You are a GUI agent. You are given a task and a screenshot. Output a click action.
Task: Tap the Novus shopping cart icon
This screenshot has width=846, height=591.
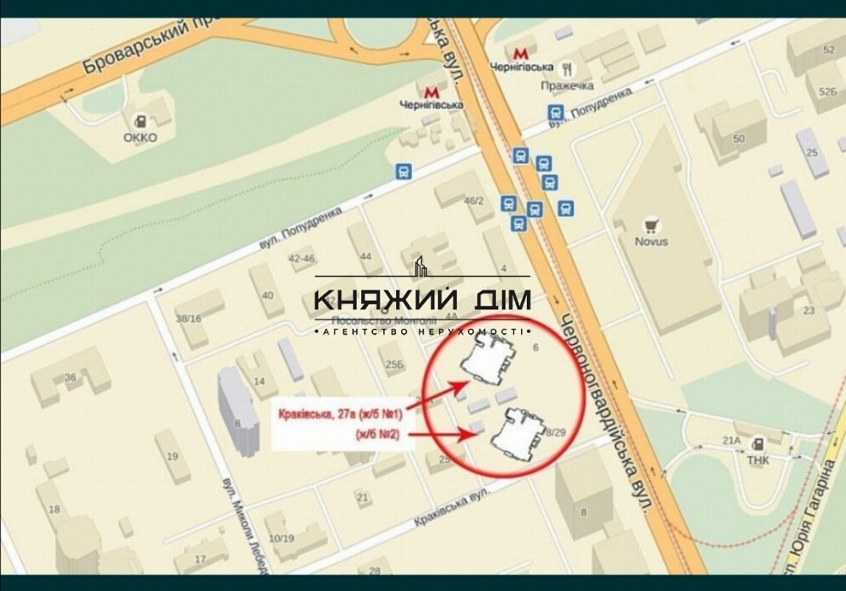tap(651, 225)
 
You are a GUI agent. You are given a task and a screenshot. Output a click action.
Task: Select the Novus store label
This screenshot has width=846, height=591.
tap(651, 242)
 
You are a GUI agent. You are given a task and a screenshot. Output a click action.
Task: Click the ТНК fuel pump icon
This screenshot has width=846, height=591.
tap(759, 441)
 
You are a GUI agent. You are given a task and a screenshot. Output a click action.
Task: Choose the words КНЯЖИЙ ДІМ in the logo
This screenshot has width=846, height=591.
tap(422, 300)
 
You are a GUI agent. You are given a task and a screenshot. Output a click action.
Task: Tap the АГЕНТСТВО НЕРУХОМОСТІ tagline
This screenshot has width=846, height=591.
tap(422, 332)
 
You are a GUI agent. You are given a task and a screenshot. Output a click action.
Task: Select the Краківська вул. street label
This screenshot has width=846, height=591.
tap(453, 509)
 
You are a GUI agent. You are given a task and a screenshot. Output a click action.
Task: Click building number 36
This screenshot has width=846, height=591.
tap(70, 377)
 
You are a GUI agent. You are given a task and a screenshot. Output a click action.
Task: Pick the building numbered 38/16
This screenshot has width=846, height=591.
tap(188, 319)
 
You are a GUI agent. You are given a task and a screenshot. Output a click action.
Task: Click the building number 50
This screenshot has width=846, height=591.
tap(739, 138)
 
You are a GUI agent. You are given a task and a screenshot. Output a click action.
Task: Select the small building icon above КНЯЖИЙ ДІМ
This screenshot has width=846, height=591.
tap(422, 268)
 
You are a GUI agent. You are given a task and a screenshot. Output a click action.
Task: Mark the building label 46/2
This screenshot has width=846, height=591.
tap(474, 200)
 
